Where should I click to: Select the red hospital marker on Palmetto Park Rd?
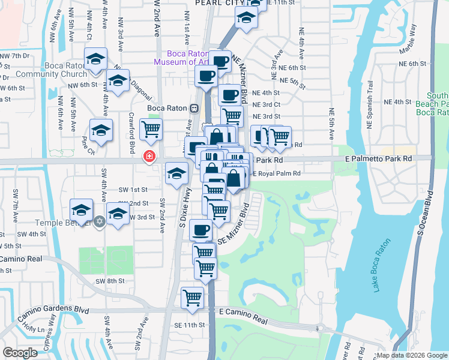coord(148,157)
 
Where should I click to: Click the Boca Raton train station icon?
coord(194,109)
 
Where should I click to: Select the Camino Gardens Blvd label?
coord(44,309)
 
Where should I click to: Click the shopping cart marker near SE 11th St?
coord(193,296)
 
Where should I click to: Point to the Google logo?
coord(20,352)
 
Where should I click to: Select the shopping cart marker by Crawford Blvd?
coord(151,128)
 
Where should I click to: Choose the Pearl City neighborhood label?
coord(216,4)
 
